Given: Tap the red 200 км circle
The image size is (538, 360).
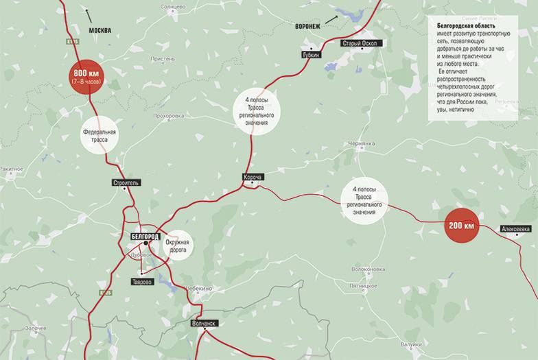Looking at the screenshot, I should (461, 225).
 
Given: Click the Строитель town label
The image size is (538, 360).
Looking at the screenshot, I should (126, 182).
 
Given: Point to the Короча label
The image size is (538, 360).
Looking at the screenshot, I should (253, 177).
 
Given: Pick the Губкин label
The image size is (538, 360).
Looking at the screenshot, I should (310, 53).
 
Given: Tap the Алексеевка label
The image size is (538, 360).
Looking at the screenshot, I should (516, 228).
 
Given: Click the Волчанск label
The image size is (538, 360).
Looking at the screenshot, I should (203, 323).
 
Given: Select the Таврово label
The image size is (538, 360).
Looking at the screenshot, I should (143, 281).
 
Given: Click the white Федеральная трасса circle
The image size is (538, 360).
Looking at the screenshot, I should (100, 135).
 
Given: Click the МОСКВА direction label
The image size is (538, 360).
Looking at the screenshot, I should (100, 30).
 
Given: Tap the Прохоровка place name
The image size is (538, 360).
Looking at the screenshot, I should (169, 116).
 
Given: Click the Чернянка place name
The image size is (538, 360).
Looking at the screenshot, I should (362, 143).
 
